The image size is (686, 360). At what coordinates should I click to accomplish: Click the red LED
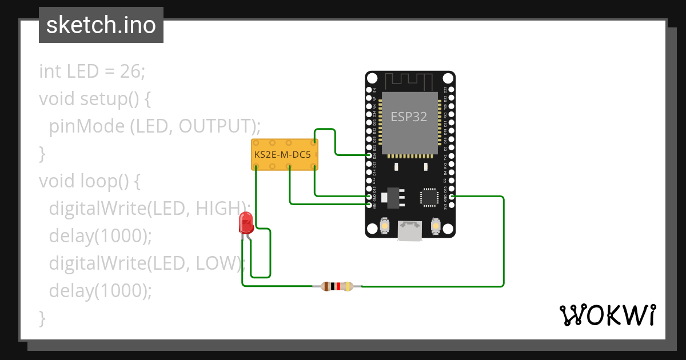(x=246, y=222)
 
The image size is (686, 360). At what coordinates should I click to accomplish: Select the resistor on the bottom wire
(x=337, y=286)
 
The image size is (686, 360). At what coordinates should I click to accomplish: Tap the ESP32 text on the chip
(x=409, y=117)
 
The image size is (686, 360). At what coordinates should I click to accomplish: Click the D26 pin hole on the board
(x=369, y=155)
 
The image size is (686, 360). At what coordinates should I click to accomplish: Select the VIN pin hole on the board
(x=369, y=205)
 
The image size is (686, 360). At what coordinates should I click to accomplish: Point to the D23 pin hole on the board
(x=452, y=90)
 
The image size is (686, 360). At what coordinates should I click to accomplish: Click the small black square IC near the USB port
(x=429, y=196)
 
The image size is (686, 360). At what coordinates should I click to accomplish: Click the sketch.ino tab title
(x=101, y=25)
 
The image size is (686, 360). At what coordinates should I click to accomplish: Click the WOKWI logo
(x=607, y=315)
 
